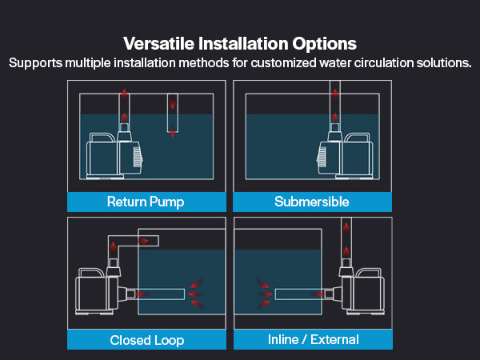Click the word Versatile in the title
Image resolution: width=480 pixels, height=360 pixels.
159,43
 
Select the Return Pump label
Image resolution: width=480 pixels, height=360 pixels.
146,202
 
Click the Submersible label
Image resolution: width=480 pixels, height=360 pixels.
312,202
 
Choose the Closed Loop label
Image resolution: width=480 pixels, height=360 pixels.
147,340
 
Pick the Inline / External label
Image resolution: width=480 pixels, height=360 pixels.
313,339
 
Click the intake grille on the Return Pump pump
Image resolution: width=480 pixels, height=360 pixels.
138,157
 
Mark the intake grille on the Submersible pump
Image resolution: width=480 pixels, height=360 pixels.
322,157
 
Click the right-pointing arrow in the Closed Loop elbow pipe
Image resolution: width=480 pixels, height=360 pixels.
143,241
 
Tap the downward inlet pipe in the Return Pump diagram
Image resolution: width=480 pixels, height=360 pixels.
173,113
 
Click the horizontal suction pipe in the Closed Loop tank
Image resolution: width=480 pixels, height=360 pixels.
160,294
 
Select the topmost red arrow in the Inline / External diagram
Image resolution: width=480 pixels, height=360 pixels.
346,228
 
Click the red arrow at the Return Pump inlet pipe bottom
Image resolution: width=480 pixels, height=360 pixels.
173,132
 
